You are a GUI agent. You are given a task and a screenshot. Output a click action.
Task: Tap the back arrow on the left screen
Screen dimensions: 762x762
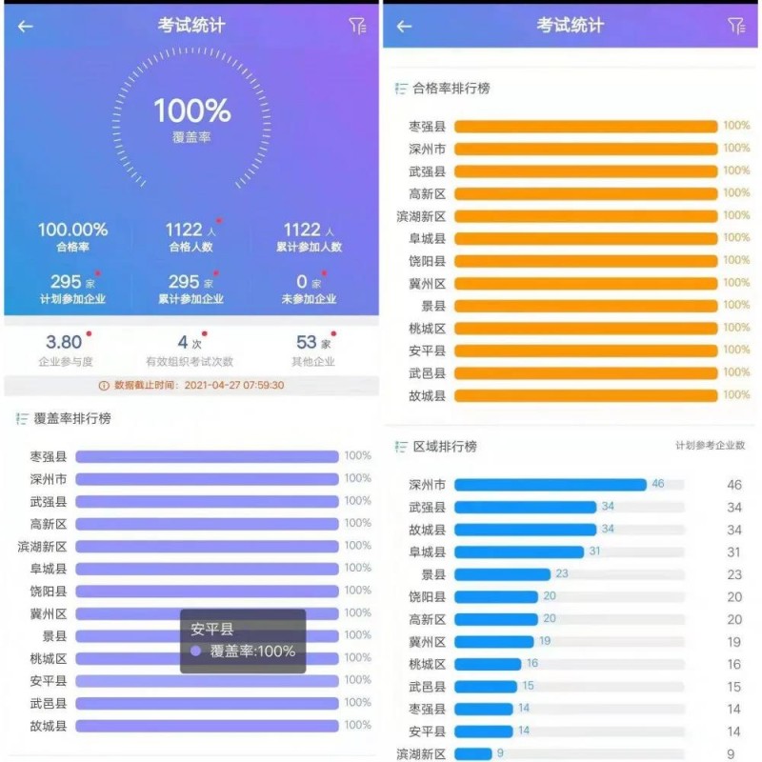[26, 27]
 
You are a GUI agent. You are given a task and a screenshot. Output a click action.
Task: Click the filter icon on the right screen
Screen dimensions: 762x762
[735, 26]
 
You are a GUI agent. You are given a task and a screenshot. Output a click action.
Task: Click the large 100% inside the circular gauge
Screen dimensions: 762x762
[192, 111]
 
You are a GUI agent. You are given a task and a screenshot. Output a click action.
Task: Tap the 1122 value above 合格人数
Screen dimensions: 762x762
[185, 230]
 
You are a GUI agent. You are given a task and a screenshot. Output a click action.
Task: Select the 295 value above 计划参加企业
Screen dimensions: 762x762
[66, 282]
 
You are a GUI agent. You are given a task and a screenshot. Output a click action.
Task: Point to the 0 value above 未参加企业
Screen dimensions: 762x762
[302, 282]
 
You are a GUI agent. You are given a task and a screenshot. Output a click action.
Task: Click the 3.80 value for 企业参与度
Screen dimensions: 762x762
[64, 342]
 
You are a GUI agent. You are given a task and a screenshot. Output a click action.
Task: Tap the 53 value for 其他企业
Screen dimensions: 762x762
[307, 342]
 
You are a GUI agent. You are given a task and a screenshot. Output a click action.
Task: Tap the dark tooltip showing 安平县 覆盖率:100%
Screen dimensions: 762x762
[243, 641]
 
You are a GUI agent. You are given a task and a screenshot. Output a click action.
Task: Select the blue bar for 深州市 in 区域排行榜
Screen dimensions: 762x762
[551, 485]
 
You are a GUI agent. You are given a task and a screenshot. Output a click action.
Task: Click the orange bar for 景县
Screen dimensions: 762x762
[586, 306]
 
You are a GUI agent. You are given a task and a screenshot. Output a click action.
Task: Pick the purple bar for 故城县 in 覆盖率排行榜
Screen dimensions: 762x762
[207, 726]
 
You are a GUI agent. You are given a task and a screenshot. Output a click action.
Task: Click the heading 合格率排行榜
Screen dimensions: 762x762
[451, 89]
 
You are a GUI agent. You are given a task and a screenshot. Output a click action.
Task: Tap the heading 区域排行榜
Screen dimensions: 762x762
[445, 447]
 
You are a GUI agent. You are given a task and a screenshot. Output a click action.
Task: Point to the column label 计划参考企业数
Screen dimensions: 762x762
[710, 446]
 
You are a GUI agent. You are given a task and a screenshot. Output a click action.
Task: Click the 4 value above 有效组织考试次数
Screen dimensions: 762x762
[183, 342]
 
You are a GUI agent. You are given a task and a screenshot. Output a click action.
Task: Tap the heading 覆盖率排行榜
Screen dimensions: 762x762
[72, 418]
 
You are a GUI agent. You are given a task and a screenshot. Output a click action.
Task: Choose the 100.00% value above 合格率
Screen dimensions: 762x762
[72, 230]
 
